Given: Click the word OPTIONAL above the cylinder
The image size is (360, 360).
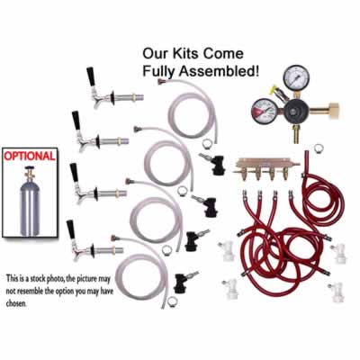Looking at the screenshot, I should (31, 155).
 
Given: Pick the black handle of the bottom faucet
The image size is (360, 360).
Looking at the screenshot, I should (71, 229).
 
